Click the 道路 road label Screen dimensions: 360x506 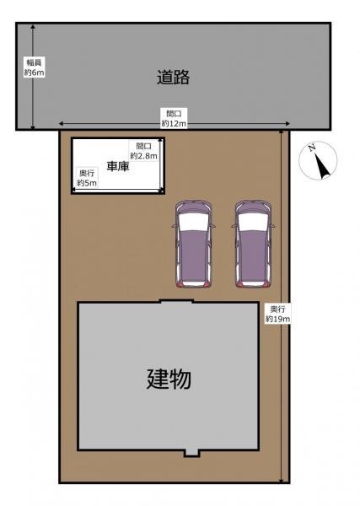(x=173, y=77)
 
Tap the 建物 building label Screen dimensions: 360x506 (x=169, y=379)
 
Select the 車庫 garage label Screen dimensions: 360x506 (x=118, y=166)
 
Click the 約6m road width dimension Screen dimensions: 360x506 (x=35, y=73)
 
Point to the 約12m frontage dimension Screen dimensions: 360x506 (x=174, y=123)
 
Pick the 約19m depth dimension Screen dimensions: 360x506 (x=277, y=319)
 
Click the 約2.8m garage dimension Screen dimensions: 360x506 (x=144, y=156)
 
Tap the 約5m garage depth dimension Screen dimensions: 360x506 (x=87, y=183)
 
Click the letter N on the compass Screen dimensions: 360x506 (x=312, y=148)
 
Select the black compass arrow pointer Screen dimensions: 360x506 (x=323, y=167)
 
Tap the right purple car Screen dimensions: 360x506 (x=253, y=244)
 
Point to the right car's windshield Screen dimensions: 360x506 (x=253, y=223)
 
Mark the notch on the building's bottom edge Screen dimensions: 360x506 (x=192, y=454)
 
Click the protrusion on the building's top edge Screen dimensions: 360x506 (x=177, y=301)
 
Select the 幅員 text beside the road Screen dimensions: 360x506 (x=35, y=62)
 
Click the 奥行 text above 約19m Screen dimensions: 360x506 (x=277, y=310)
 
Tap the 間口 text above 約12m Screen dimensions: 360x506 (x=174, y=114)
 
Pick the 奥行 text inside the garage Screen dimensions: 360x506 (x=87, y=173)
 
